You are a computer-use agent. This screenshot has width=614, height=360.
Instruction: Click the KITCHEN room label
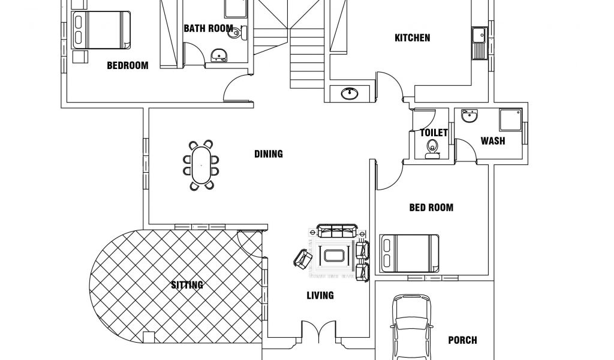pos(413,38)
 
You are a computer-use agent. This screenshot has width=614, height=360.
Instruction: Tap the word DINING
pos(269,154)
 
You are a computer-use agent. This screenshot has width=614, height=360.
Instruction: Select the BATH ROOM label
pos(208,28)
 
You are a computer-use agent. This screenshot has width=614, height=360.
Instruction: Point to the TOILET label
pos(434,133)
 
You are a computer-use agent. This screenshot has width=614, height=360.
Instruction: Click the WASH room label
pos(493,141)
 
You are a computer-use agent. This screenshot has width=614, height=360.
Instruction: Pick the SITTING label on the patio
pos(187,285)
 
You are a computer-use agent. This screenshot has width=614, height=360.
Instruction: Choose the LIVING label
pos(320,295)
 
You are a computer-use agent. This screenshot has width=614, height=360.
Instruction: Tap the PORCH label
pos(462,340)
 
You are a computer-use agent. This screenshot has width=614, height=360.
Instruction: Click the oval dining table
pos(201,165)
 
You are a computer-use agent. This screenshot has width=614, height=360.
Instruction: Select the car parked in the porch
pos(413,328)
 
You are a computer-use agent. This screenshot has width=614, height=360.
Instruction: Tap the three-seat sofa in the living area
pos(337,231)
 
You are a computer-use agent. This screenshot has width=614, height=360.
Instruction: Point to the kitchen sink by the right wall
pos(478,43)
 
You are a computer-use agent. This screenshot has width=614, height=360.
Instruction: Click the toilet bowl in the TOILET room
pos(432,149)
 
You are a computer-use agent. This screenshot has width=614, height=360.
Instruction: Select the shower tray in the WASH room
pos(511,119)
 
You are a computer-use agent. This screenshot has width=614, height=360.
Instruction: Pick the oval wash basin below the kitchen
pos(350,93)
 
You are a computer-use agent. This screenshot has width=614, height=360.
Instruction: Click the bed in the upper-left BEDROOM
pos(101,30)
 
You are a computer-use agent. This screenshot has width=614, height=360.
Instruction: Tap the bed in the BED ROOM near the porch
pos(410,253)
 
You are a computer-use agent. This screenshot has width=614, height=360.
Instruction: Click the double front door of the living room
pos(318,331)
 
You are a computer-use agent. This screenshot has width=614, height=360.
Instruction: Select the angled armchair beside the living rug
pos(303,259)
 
